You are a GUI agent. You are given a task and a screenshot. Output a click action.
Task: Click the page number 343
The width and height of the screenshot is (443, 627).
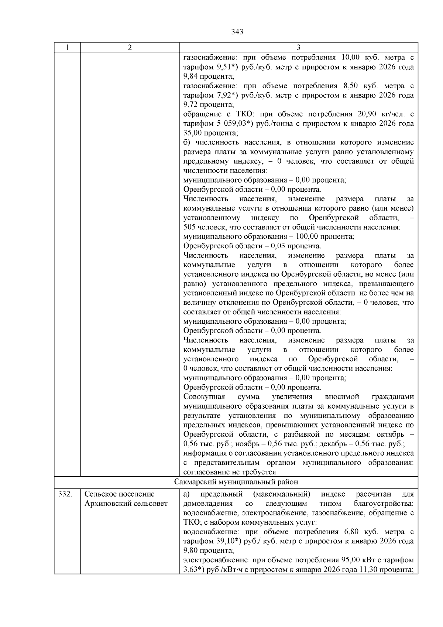[x=237, y=32]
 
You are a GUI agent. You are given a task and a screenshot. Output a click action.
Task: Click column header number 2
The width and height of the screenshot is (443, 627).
[x=130, y=48]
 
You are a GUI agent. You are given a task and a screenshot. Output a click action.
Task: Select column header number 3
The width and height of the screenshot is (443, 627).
[x=298, y=48]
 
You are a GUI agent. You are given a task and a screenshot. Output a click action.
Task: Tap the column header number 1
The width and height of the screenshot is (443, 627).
[x=67, y=48]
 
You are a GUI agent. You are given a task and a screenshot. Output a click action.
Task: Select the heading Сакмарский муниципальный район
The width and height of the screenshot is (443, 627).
[x=236, y=482]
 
